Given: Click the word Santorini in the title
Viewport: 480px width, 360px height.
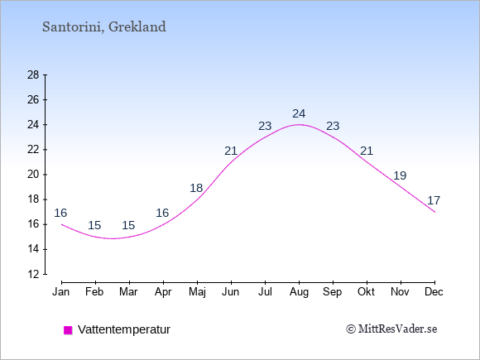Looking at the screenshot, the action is (72, 27).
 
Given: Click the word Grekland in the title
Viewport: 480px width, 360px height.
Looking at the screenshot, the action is (137, 26).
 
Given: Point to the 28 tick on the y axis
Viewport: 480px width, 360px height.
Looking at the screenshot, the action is (33, 74).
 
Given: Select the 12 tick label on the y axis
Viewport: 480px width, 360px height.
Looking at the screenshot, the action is (33, 274).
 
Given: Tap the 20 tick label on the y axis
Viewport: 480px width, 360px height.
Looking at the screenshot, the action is (33, 175).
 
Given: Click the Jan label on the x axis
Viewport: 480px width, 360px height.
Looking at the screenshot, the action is (61, 292).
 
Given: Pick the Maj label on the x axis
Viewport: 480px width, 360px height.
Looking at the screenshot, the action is (197, 292).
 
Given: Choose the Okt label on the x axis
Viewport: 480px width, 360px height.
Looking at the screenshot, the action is (366, 292).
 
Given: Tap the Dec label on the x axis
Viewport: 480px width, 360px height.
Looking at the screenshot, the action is (434, 292).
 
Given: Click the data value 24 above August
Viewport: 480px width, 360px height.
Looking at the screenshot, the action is (299, 113).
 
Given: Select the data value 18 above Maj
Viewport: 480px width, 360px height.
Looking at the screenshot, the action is (196, 188).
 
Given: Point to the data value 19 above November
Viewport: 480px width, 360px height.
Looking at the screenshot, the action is (400, 175).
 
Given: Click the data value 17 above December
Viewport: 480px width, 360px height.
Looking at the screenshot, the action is (434, 200).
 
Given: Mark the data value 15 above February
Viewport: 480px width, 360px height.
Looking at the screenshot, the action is (94, 225).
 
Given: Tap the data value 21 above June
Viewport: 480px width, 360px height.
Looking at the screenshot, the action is (231, 151).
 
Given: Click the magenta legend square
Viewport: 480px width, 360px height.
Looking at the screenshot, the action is (68, 330).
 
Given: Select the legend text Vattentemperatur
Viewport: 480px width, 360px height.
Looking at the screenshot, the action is (124, 329).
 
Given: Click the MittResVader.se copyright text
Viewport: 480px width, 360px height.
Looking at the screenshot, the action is (391, 329).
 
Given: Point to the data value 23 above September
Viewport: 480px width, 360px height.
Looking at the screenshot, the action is (333, 126).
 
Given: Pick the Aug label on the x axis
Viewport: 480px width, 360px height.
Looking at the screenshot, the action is (299, 292).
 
